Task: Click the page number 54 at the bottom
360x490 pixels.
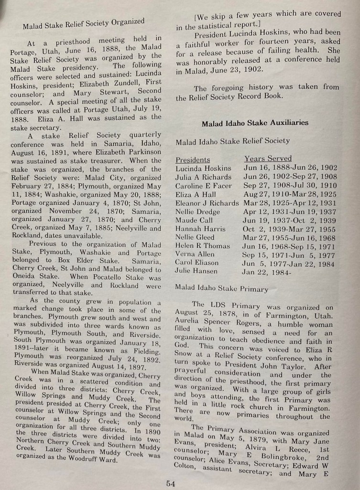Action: tap(170, 483)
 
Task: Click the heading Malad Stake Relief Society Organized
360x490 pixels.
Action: tap(83, 23)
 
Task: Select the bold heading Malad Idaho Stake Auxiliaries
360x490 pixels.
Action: tap(255, 123)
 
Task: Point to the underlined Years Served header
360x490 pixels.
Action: tap(268, 158)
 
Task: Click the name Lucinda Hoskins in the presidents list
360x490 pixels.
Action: tap(203, 168)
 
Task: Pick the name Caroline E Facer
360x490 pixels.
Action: tap(203, 186)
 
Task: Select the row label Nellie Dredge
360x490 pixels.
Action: tap(198, 211)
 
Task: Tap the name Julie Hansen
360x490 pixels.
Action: tap(196, 271)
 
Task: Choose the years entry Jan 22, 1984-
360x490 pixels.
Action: tap(266, 272)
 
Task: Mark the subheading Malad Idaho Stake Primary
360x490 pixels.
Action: tap(221, 289)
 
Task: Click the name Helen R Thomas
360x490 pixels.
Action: tap(203, 245)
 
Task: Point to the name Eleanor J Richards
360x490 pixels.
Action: tap(207, 203)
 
